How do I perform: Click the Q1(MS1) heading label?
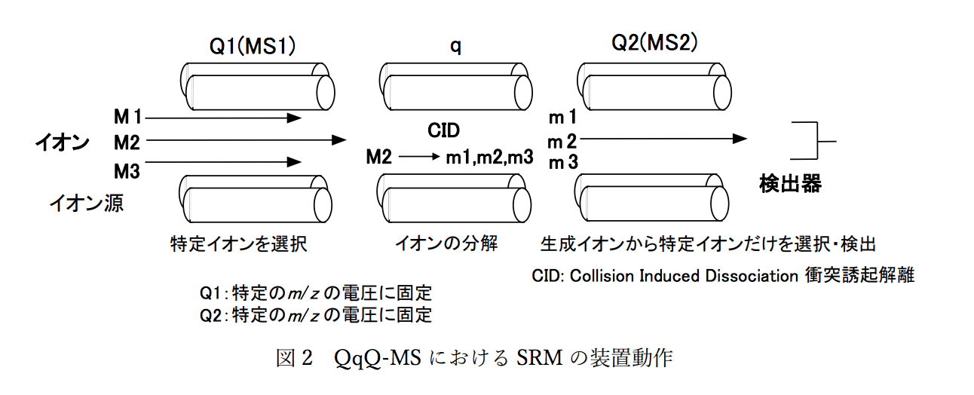coord(252,47)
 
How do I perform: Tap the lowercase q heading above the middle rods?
coord(456,47)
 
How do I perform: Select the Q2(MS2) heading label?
coord(654,44)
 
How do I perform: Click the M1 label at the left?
coord(127,117)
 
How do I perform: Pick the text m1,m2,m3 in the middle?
coord(489,158)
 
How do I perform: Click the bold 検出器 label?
coord(789,184)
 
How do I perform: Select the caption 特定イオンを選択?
coord(239,244)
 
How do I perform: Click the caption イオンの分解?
coord(447,244)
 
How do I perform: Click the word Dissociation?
coord(745,275)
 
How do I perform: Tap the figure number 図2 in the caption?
coord(294,358)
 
